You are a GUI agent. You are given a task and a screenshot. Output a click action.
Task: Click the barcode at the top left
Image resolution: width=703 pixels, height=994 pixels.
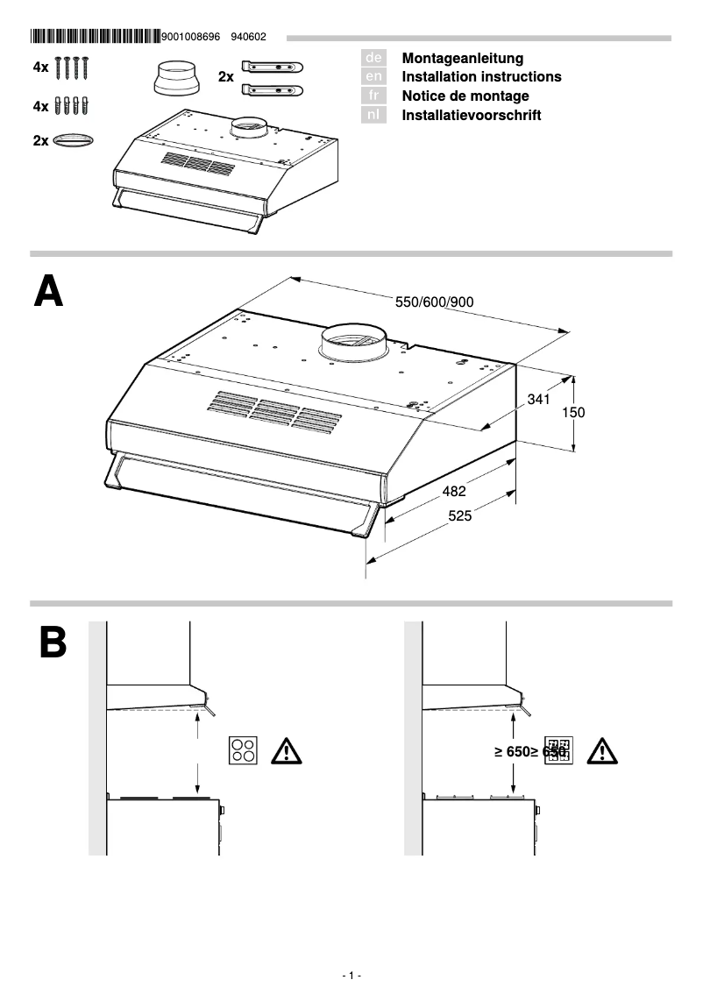(x=95, y=37)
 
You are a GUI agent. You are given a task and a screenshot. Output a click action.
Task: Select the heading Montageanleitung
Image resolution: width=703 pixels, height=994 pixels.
(x=462, y=58)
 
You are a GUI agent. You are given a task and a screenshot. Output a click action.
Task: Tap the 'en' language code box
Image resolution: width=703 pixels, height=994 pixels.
(x=373, y=77)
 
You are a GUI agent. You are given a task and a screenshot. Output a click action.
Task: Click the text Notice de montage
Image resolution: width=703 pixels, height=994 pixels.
(x=465, y=96)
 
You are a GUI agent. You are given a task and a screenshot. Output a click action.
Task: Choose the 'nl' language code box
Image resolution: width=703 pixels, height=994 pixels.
(x=373, y=115)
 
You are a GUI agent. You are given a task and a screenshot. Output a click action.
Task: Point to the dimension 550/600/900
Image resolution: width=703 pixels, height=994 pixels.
(x=434, y=302)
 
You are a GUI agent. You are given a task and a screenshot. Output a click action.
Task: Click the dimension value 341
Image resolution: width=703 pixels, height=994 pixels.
(x=538, y=400)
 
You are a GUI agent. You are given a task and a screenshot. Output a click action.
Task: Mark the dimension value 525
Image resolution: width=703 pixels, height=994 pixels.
(x=460, y=516)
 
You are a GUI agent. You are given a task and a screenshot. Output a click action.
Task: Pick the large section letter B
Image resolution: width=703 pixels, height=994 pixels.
(x=53, y=643)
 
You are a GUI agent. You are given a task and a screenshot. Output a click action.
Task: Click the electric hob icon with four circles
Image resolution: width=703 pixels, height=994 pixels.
(x=243, y=750)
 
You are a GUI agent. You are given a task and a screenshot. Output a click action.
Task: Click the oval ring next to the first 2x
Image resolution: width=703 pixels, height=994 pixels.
(x=74, y=140)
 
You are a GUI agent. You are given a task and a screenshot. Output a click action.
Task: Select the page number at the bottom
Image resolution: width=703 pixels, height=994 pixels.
(x=351, y=976)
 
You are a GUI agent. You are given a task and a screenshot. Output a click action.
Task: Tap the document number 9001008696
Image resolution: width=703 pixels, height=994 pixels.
(x=193, y=37)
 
